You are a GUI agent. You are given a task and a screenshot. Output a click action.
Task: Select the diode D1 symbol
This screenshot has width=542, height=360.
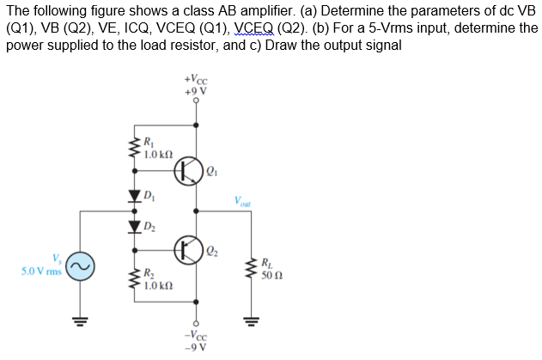[x=134, y=196]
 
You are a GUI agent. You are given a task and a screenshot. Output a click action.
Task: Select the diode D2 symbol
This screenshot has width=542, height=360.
[x=134, y=225]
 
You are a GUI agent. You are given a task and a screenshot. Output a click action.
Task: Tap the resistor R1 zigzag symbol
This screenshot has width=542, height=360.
[x=134, y=149]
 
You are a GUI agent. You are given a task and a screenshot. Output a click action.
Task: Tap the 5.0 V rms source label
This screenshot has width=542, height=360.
[x=38, y=272]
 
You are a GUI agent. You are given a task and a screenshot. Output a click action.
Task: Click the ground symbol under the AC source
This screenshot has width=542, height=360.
[x=82, y=323]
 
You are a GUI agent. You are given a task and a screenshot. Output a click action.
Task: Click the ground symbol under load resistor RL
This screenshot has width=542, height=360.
[x=253, y=323]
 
